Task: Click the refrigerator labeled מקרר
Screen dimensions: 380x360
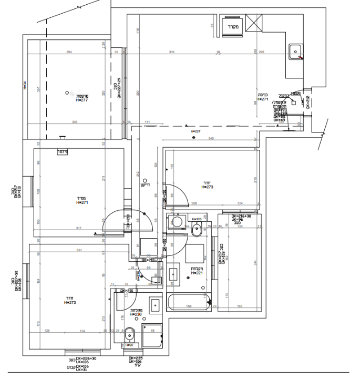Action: [230, 26]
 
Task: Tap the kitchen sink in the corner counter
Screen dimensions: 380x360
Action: [295, 52]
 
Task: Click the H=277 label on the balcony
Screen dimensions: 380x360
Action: [81, 100]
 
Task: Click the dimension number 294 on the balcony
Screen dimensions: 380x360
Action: [69, 52]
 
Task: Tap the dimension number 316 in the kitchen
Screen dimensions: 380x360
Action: [171, 52]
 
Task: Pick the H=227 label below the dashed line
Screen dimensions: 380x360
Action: [196, 131]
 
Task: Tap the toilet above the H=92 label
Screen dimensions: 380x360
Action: [129, 334]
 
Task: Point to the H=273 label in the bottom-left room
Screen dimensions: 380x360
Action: [70, 303]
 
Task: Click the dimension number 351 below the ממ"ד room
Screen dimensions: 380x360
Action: [79, 250]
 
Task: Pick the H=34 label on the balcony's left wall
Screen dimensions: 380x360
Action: [24, 85]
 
